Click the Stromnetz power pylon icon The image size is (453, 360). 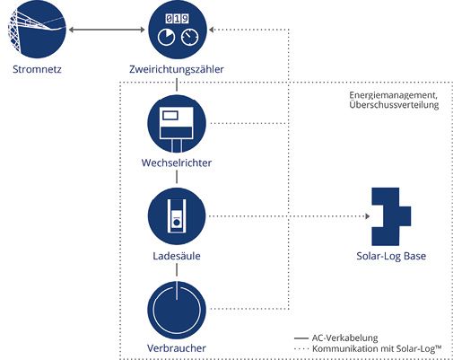pos(39,30)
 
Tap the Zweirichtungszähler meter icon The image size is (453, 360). pos(176,30)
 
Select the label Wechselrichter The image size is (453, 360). pos(176,162)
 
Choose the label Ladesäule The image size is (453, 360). pos(176,257)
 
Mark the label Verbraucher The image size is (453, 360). pos(176,347)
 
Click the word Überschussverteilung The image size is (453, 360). pos(387,107)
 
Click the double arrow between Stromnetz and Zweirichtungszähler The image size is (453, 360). pos(107,31)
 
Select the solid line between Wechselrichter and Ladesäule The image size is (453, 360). pos(176,179)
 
